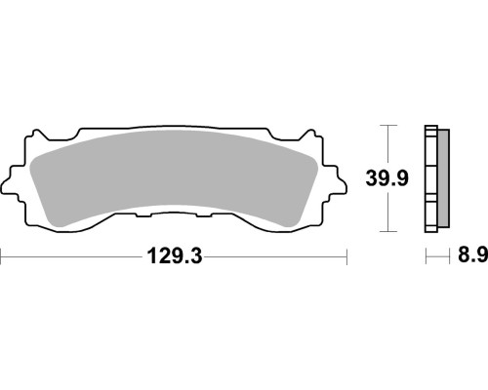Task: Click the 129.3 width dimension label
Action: pos(175,256)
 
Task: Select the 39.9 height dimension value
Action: pos(386,178)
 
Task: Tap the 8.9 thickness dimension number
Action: pos(473,255)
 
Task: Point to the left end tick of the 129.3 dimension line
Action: pos(1,256)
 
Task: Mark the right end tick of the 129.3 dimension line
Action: pos(346,256)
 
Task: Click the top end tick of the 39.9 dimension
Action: pos(388,125)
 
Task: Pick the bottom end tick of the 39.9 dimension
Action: pos(388,231)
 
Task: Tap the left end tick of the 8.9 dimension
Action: pos(427,256)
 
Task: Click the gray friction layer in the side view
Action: pos(444,178)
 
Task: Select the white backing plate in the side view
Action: pos(431,178)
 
